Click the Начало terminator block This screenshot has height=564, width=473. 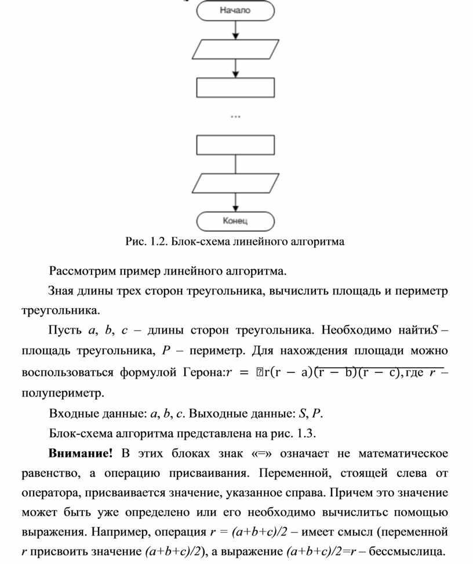coord(235,10)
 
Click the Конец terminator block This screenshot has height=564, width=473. coord(235,221)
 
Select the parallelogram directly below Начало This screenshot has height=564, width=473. coord(235,49)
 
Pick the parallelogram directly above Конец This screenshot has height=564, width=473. coord(235,183)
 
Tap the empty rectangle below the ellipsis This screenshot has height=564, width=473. coord(235,145)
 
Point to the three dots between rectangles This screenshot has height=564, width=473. coord(235,116)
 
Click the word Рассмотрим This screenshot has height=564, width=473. coord(82,271)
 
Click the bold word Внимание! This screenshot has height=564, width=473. coord(81,452)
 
